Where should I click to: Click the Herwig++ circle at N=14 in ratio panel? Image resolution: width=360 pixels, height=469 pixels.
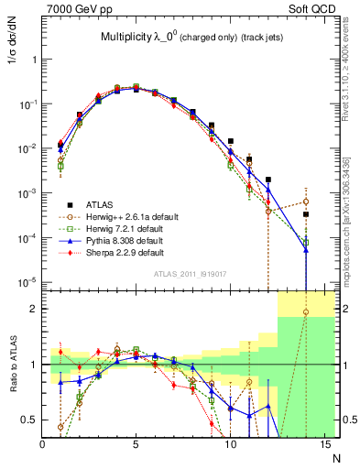coord(306,312)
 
